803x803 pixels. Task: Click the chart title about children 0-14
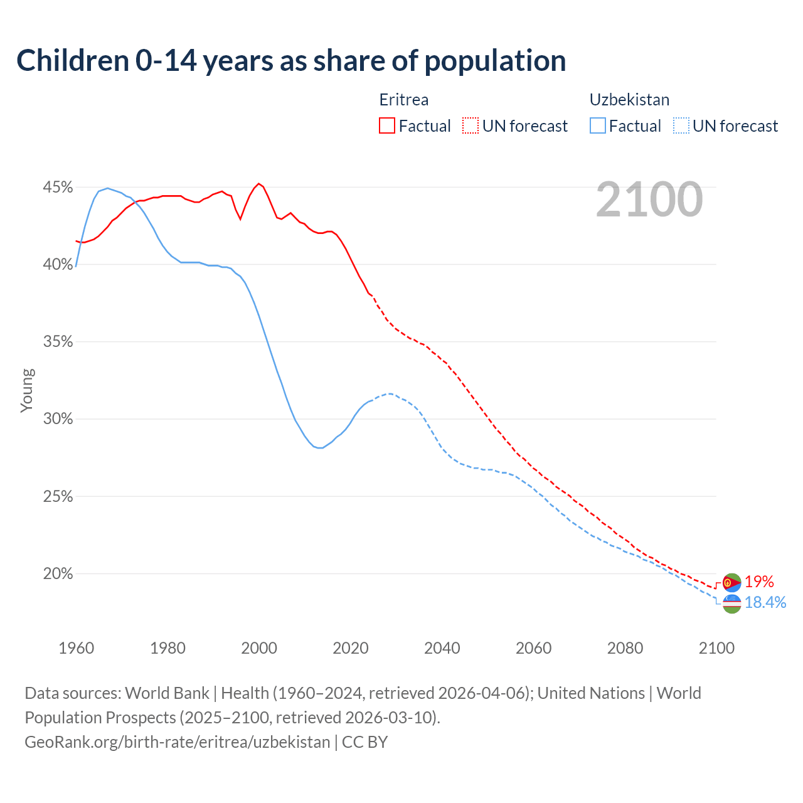click(291, 61)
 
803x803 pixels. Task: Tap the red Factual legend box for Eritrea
click(387, 126)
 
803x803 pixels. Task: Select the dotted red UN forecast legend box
click(471, 126)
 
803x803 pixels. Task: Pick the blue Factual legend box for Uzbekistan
click(598, 126)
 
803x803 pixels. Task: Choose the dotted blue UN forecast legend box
click(681, 126)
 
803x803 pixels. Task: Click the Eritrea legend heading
click(404, 100)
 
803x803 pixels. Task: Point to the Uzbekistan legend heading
click(629, 100)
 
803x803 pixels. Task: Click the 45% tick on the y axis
click(58, 188)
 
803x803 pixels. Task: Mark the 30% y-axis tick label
click(58, 419)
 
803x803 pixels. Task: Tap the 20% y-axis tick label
click(58, 574)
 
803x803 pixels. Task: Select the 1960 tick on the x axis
click(76, 648)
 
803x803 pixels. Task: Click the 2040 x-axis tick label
click(442, 648)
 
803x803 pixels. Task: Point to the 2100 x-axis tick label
click(716, 648)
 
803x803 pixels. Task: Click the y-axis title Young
click(27, 390)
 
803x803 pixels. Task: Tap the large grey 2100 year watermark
click(649, 199)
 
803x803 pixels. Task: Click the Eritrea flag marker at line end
click(732, 583)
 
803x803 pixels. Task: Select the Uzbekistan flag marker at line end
click(732, 604)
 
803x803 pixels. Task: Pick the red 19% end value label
click(759, 582)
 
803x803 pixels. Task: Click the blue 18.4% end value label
click(765, 603)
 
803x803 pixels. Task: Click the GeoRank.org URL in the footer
click(178, 742)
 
